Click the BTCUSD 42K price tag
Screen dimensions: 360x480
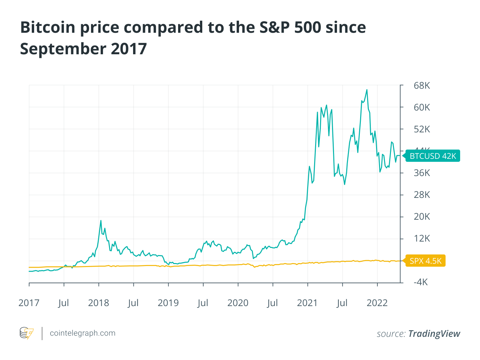pos(433,156)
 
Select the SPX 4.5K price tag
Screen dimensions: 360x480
pos(425,261)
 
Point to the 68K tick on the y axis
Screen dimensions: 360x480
pos(422,86)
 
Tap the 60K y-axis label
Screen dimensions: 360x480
pos(422,107)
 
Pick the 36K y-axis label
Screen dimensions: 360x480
pos(422,173)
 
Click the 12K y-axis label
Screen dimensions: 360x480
pos(422,238)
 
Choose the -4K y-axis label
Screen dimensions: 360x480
pos(420,282)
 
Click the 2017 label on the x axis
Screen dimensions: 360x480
pos(29,303)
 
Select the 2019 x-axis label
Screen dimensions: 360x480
pos(168,303)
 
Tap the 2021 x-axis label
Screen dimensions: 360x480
pos(307,303)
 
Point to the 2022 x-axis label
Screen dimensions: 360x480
pos(377,303)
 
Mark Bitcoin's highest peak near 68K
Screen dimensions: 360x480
pos(367,90)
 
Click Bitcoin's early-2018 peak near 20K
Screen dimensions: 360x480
pos(101,220)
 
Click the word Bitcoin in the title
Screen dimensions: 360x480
pos(48,27)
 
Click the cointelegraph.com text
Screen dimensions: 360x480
pos(82,333)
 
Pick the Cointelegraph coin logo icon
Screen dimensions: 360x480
pos(26,333)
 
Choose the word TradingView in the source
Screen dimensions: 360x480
pos(434,334)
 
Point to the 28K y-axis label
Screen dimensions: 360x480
pos(422,195)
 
